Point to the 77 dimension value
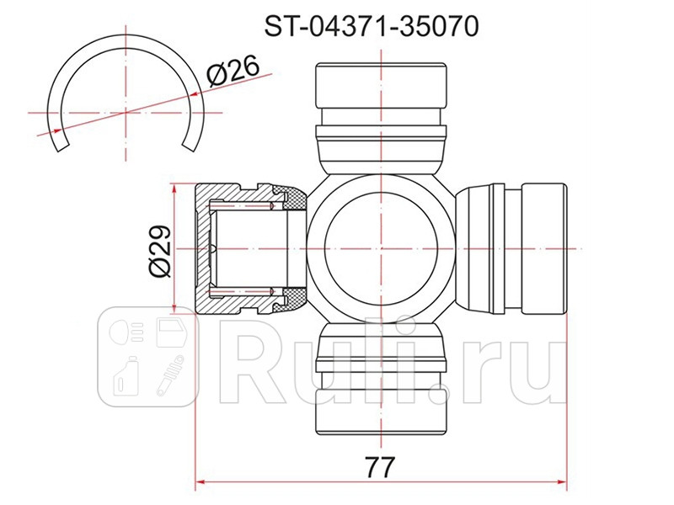pyautogui.click(x=382, y=465)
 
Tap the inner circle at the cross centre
pyautogui.click(x=382, y=249)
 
